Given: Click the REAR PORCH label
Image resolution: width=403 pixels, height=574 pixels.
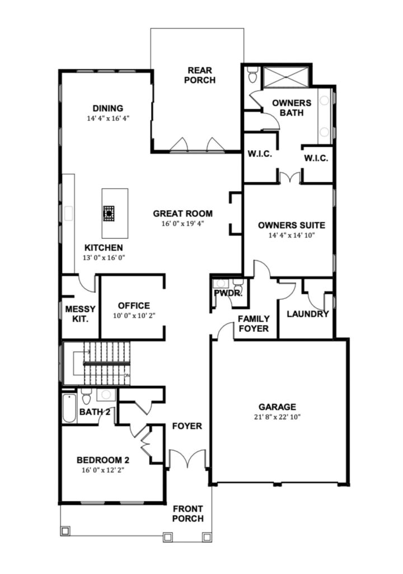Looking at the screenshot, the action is tap(200, 75).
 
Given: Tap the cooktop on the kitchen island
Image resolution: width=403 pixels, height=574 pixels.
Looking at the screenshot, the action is tap(109, 213).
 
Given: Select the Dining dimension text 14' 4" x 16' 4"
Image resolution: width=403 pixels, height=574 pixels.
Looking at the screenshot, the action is tap(108, 118).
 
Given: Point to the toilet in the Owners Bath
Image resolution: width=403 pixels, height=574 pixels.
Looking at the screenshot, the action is tap(252, 75).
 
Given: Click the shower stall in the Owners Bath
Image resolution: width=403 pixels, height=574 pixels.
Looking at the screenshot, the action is tap(286, 77).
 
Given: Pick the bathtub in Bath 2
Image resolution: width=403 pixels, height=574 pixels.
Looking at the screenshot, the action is tap(69, 408).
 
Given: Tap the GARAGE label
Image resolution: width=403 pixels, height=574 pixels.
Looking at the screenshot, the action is tap(277, 407).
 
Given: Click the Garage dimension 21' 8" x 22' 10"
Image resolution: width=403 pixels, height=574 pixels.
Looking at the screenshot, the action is tap(277, 416).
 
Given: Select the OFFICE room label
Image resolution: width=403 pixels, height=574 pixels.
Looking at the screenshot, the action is tap(134, 305).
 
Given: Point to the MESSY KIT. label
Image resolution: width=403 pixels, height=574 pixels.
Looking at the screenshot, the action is tap(80, 314).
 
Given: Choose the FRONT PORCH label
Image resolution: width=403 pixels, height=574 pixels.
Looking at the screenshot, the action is tap(188, 513).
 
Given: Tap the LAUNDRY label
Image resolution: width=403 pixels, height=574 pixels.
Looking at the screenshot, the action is tap(307, 314).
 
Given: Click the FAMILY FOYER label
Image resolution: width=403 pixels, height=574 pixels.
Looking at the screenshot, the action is tap(254, 323).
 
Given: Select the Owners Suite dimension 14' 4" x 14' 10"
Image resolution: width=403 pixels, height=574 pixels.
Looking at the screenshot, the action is tap(292, 235).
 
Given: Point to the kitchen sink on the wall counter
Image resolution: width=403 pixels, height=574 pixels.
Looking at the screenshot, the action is tap(69, 214).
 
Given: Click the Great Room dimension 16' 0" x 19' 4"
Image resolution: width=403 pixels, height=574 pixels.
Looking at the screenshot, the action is tap(182, 224).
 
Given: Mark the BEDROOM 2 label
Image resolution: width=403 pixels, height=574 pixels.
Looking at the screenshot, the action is tap(103, 460).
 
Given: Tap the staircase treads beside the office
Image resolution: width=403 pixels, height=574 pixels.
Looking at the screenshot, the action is tap(107, 363).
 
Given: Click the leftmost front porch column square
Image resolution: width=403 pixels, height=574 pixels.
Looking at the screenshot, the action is tap(65, 531).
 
